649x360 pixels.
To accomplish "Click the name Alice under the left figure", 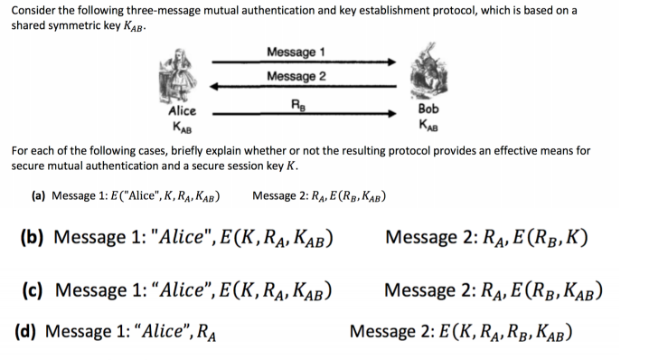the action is pyautogui.click(x=182, y=111).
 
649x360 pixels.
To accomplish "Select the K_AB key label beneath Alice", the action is pyautogui.click(x=182, y=125).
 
